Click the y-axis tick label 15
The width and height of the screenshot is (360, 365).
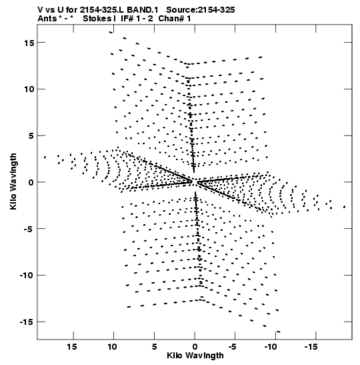click(29, 43)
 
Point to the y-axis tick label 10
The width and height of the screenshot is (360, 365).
click(29, 89)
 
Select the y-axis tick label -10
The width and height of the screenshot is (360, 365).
click(27, 276)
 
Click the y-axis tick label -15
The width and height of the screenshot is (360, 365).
click(27, 322)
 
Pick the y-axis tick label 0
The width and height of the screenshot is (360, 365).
click(31, 182)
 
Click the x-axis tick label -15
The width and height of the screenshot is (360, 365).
click(311, 347)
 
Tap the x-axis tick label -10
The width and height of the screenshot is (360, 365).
click(271, 347)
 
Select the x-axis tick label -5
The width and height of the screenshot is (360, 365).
click(232, 347)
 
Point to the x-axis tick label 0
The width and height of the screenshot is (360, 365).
click(195, 347)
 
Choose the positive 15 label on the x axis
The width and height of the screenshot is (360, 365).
click(72, 347)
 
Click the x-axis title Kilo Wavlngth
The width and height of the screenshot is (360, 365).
click(195, 356)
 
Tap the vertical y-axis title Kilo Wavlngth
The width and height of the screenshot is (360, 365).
click(13, 181)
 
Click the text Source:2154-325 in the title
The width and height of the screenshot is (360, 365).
click(201, 10)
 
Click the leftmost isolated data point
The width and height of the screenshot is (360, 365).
click(45, 157)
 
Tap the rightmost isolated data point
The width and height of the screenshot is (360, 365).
click(345, 207)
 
